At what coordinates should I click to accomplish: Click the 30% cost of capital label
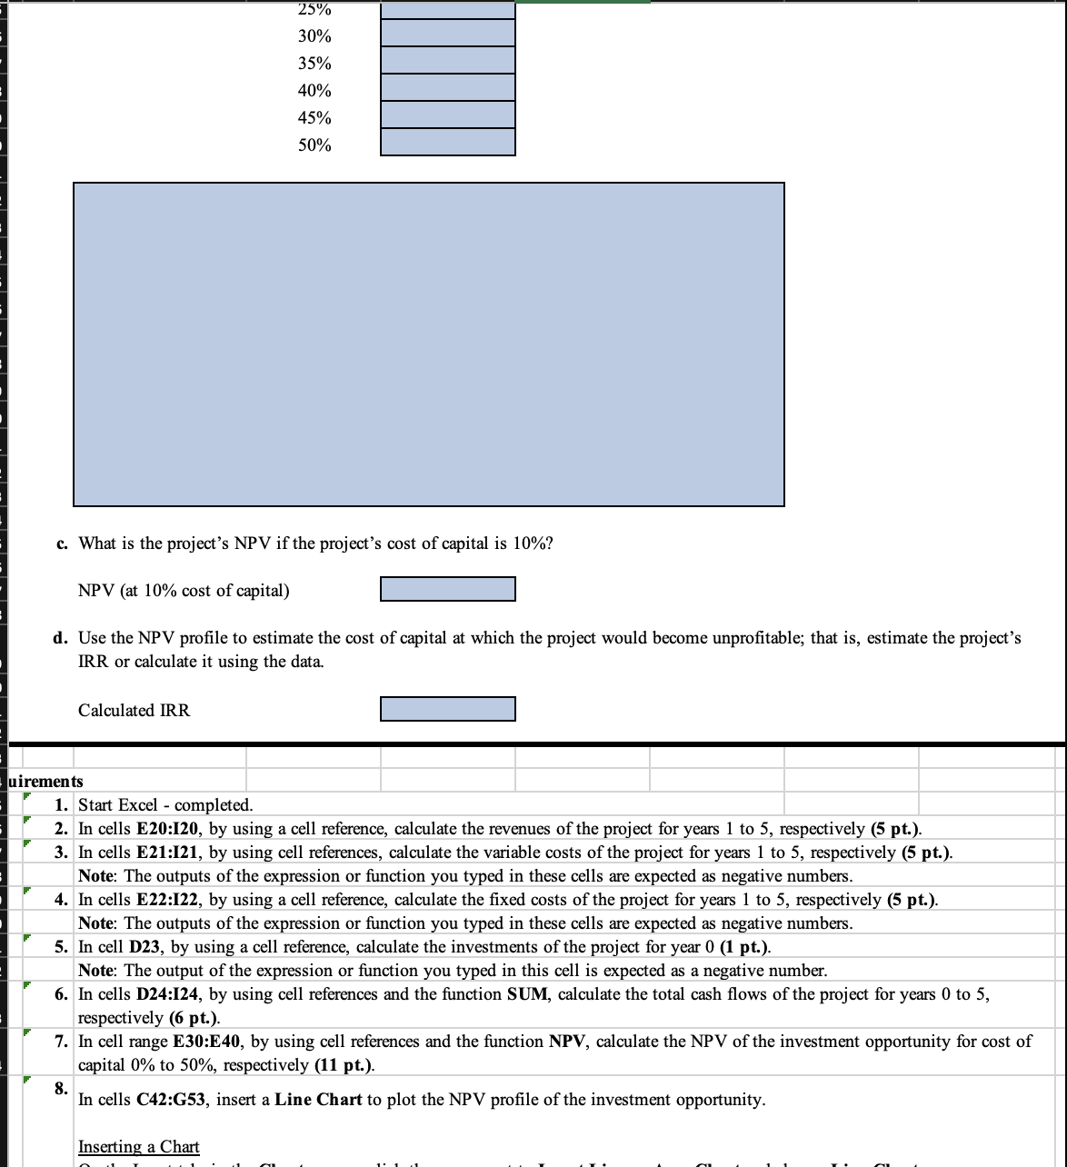point(314,36)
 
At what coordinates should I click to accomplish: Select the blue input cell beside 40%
point(447,88)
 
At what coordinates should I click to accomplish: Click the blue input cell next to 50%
point(447,143)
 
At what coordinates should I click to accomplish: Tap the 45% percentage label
point(314,118)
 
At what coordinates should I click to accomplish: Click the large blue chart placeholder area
point(428,344)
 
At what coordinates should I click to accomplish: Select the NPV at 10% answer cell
point(447,589)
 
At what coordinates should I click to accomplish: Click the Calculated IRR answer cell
point(447,709)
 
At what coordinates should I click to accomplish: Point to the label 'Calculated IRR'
point(135,711)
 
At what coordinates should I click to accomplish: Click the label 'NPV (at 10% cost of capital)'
point(184,591)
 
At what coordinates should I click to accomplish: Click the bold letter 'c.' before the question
point(61,544)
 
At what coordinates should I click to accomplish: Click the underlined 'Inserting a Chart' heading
point(139,1146)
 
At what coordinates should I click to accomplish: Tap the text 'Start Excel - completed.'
point(165,805)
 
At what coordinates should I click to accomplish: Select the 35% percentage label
point(314,64)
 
